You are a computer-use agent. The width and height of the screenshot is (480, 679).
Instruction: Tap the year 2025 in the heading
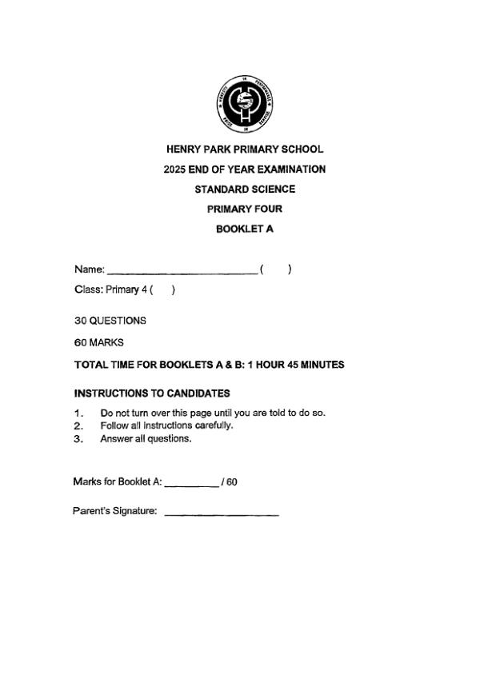pyautogui.click(x=174, y=170)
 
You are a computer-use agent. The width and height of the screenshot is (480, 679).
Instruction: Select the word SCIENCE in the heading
pyautogui.click(x=271, y=190)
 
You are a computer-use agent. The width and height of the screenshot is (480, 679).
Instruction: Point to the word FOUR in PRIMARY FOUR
pyautogui.click(x=268, y=210)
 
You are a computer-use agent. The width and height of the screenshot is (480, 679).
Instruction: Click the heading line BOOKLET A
pyautogui.click(x=245, y=230)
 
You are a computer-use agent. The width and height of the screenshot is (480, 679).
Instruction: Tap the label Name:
pyautogui.click(x=89, y=270)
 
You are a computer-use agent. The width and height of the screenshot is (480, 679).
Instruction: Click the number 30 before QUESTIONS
pyautogui.click(x=79, y=321)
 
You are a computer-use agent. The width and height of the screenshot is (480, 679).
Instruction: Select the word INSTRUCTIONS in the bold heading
pyautogui.click(x=112, y=393)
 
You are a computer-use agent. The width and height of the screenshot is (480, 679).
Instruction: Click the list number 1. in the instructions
pyautogui.click(x=78, y=413)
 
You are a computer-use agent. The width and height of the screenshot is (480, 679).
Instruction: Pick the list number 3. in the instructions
pyautogui.click(x=78, y=439)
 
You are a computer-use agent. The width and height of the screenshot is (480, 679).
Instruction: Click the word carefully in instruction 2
pyautogui.click(x=214, y=425)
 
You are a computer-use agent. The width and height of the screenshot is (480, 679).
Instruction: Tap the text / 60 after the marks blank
pyautogui.click(x=230, y=482)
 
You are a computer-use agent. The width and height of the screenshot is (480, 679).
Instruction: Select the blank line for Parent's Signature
pyautogui.click(x=222, y=513)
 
